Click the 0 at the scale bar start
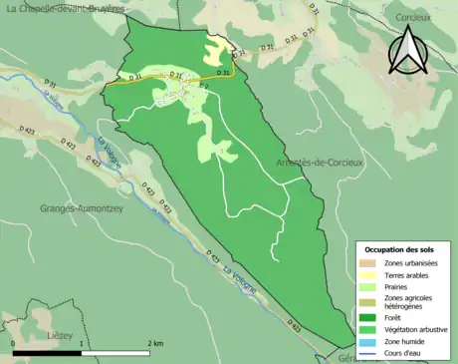(x=13, y=344)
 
